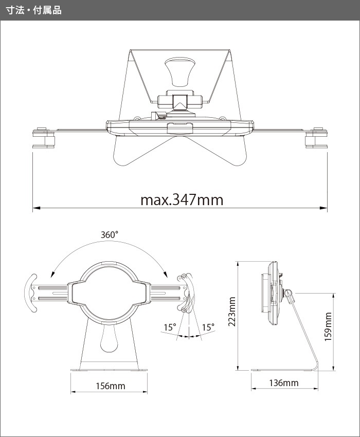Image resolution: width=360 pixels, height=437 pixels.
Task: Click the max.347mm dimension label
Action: tap(182, 200)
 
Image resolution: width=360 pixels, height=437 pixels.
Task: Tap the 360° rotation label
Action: tap(110, 234)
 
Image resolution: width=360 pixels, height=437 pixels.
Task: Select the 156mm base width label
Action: tap(111, 386)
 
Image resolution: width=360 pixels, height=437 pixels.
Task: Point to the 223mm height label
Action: tap(232, 312)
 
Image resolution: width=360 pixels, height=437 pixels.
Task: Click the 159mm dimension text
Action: tap(328, 326)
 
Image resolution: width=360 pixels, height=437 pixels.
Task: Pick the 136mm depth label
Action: tap(283, 383)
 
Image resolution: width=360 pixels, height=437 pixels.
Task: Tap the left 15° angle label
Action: tap(170, 327)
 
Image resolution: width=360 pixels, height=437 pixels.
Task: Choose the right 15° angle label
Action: tap(208, 327)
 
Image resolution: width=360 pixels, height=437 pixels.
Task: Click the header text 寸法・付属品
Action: tap(33, 10)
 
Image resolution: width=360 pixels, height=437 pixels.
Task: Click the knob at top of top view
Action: tap(178, 71)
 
